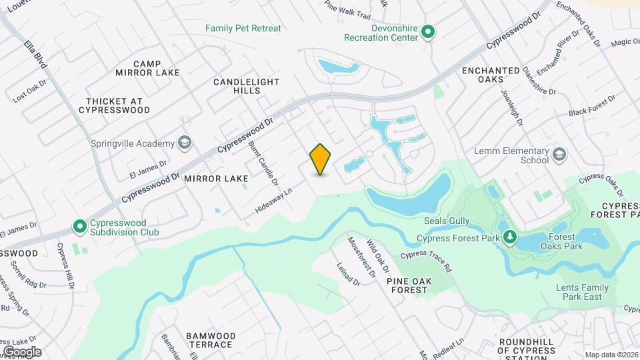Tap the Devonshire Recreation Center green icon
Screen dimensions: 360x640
(x=429, y=31)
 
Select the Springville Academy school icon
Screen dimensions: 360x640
(x=185, y=143)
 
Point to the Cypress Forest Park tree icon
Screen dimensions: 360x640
(x=510, y=237)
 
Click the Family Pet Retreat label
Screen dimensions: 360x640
(x=243, y=28)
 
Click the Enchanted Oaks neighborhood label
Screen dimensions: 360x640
(x=491, y=75)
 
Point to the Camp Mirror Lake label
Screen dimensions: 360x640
(x=138, y=68)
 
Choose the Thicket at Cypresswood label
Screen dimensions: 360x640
(x=118, y=105)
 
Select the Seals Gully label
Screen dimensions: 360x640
(x=447, y=221)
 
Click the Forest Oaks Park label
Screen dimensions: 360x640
(x=565, y=241)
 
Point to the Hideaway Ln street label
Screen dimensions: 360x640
(x=274, y=201)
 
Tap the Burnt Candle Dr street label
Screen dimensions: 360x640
(x=262, y=163)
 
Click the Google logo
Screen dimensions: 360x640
(x=22, y=351)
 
